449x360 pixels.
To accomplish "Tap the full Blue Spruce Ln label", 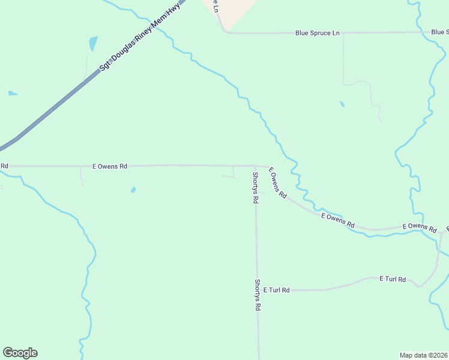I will pyautogui.click(x=317, y=33).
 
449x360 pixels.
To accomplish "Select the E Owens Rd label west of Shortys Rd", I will pyautogui.click(x=109, y=166).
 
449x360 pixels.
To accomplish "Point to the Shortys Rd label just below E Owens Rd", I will pyautogui.click(x=255, y=187).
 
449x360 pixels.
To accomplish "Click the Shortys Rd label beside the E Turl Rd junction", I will pyautogui.click(x=258, y=295).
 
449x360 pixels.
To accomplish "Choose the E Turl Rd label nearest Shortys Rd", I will pyautogui.click(x=276, y=290).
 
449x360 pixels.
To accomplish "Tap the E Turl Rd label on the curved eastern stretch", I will pyautogui.click(x=393, y=279).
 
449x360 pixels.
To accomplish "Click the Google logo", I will pyautogui.click(x=20, y=353).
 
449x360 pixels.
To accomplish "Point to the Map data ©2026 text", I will pyautogui.click(x=423, y=355).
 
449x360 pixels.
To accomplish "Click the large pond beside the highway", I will pyautogui.click(x=93, y=43).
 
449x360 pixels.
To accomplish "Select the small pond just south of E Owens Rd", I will pyautogui.click(x=133, y=190).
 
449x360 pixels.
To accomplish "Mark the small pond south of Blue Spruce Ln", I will pyautogui.click(x=342, y=104).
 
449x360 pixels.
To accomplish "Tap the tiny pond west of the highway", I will pyautogui.click(x=12, y=93).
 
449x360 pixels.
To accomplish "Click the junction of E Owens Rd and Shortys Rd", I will pyautogui.click(x=255, y=166).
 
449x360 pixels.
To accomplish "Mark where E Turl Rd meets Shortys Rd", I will pyautogui.click(x=257, y=290).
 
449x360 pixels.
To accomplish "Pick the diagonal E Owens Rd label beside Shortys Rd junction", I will pyautogui.click(x=277, y=183).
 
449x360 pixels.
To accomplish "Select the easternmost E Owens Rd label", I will pyautogui.click(x=419, y=227).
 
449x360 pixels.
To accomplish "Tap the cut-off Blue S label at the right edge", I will pyautogui.click(x=439, y=32).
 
